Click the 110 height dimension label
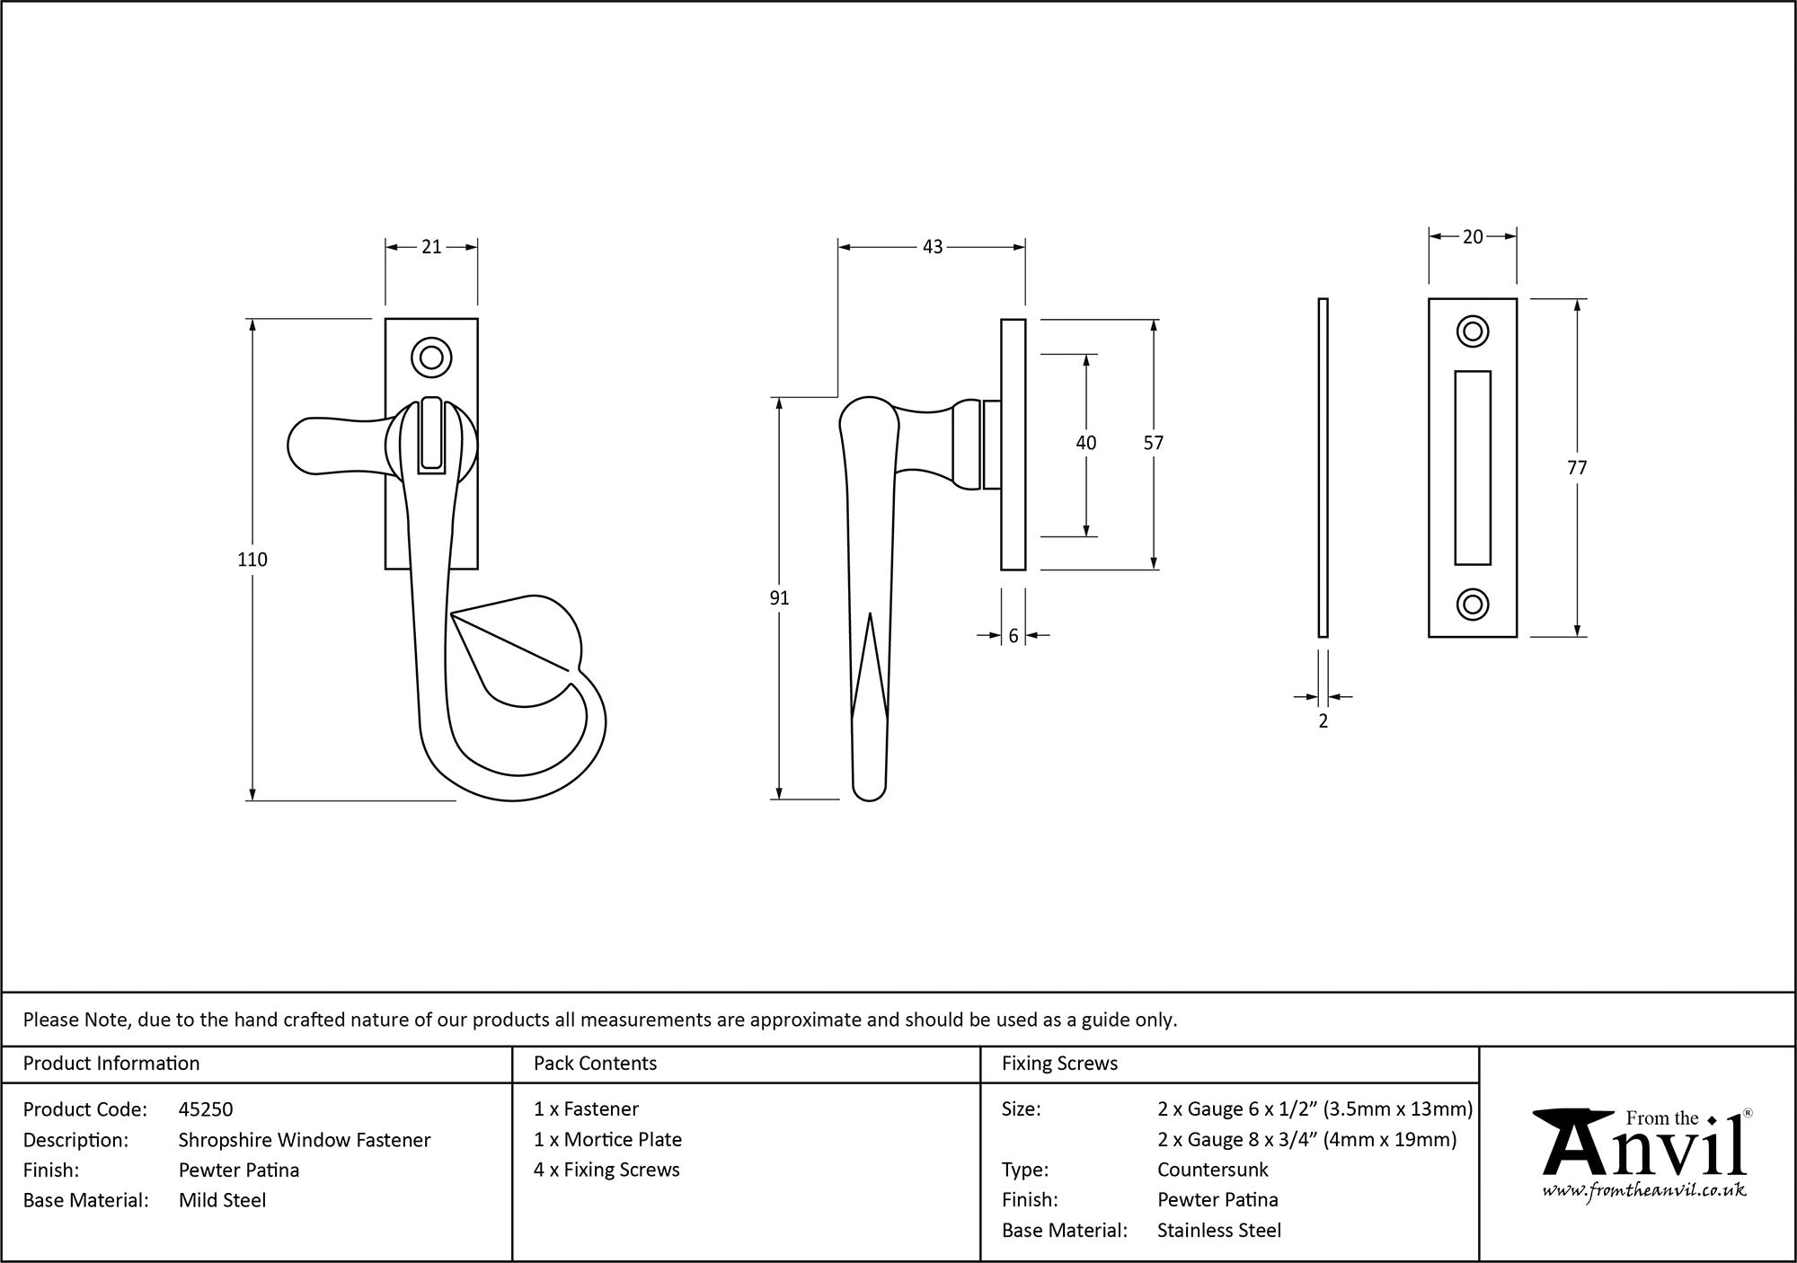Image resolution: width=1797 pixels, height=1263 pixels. [x=252, y=560]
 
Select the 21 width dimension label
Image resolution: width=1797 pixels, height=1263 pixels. [x=431, y=246]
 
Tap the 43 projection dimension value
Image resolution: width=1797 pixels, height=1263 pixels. [x=933, y=246]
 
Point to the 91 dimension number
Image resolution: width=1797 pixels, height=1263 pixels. [x=779, y=598]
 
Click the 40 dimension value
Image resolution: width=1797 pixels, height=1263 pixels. [x=1085, y=443]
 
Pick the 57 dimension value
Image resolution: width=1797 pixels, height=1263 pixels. [x=1153, y=443]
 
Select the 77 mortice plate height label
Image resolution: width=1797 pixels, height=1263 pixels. [x=1577, y=468]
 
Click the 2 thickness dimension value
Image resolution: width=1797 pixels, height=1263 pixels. [x=1323, y=721]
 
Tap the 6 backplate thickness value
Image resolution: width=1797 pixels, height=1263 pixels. [x=1014, y=636]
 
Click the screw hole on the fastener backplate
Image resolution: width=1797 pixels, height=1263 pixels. [x=431, y=358]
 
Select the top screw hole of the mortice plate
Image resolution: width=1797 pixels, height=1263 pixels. [x=1472, y=331]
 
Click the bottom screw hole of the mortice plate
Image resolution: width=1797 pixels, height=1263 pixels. [x=1472, y=605]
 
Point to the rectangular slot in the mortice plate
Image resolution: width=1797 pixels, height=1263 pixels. [x=1472, y=468]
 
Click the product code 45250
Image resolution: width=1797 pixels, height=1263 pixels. [x=206, y=1109]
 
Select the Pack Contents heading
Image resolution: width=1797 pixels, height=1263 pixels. [x=595, y=1064]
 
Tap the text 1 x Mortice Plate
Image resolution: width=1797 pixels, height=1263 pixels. [x=607, y=1139]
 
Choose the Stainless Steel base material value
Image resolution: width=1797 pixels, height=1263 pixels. [x=1218, y=1230]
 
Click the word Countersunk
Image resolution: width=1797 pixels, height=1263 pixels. [x=1212, y=1170]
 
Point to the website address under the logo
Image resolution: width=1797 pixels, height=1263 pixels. [x=1644, y=1191]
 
